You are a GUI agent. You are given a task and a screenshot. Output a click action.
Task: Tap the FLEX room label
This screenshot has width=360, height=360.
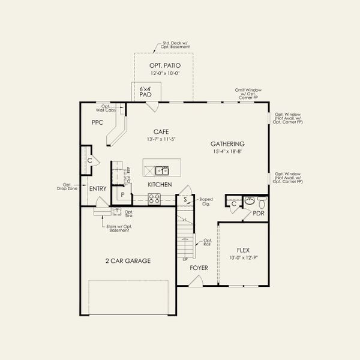243,250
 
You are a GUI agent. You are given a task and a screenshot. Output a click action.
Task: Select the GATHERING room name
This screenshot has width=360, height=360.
227,144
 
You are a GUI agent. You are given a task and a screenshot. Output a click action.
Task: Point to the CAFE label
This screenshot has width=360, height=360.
160,131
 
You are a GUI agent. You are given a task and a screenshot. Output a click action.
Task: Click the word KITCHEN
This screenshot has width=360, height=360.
160,185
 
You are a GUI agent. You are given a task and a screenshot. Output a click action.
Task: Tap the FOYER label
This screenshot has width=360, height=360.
199,268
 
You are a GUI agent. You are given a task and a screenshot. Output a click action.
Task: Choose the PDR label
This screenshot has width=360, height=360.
259,213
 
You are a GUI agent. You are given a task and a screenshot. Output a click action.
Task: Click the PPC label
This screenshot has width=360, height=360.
98,122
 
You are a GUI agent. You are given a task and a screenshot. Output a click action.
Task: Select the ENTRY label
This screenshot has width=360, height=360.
98,189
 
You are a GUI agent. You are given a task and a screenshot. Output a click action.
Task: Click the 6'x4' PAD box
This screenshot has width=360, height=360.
145,92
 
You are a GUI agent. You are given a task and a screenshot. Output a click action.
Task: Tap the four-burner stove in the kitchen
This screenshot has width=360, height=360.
154,198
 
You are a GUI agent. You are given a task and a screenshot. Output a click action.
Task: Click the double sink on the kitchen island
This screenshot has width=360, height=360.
161,170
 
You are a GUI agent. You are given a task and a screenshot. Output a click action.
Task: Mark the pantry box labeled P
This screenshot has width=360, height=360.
122,195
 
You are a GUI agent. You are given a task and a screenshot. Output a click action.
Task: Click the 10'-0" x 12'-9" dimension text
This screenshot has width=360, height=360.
243,258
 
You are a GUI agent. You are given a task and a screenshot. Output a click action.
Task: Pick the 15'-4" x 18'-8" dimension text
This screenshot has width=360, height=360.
227,152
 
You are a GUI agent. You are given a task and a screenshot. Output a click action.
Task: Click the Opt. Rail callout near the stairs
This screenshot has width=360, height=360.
208,242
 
